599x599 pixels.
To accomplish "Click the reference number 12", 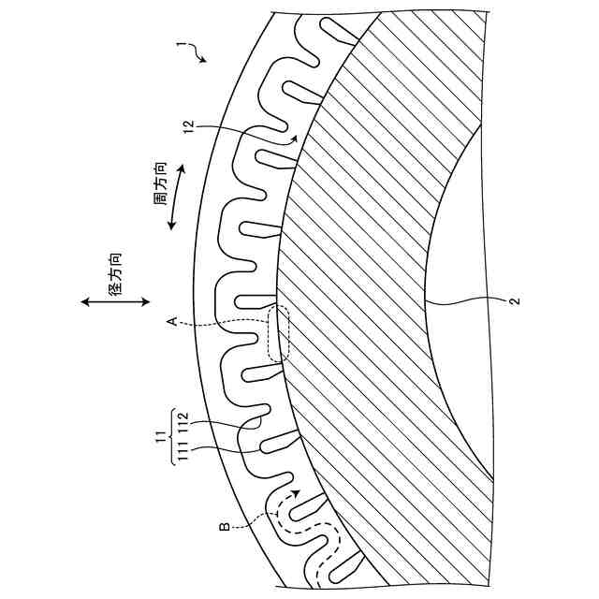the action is click(x=189, y=127).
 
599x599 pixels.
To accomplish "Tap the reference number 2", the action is click(x=516, y=301).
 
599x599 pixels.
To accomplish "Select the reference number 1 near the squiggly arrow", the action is click(x=179, y=45).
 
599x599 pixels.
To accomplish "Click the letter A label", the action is click(x=172, y=321).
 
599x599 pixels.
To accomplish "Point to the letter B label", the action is click(x=225, y=527).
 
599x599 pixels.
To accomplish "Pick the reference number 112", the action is click(x=183, y=422).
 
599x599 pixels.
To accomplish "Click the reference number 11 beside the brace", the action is click(x=161, y=436).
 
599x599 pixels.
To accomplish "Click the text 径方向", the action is click(x=115, y=274).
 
